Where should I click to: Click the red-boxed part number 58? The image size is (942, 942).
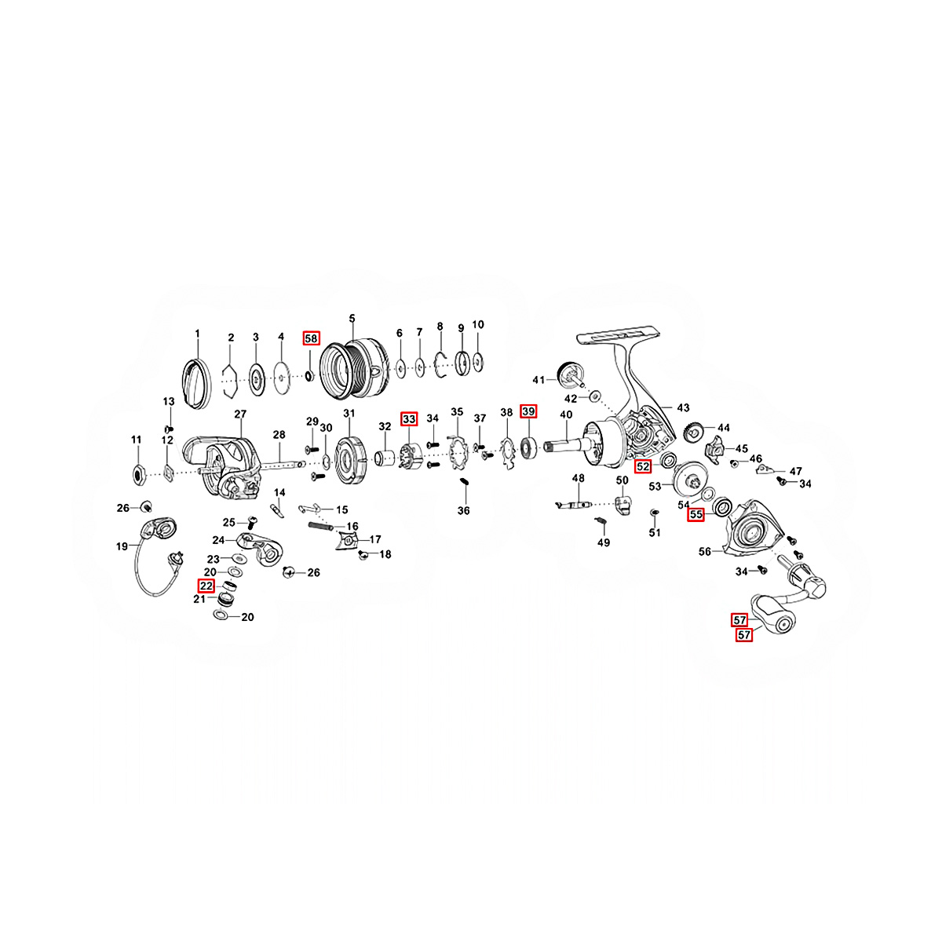coord(311,338)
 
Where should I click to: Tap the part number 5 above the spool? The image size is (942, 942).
coord(352,319)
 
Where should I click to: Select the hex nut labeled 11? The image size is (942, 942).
coord(138,473)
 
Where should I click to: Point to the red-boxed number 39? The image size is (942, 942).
coord(528,411)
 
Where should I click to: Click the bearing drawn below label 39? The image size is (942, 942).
coord(528,447)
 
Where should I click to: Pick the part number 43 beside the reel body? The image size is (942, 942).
coord(683,407)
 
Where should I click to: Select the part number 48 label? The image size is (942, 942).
coord(578,477)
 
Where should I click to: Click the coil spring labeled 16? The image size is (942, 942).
coord(321,526)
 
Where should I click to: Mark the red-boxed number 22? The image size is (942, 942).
coord(206,586)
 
